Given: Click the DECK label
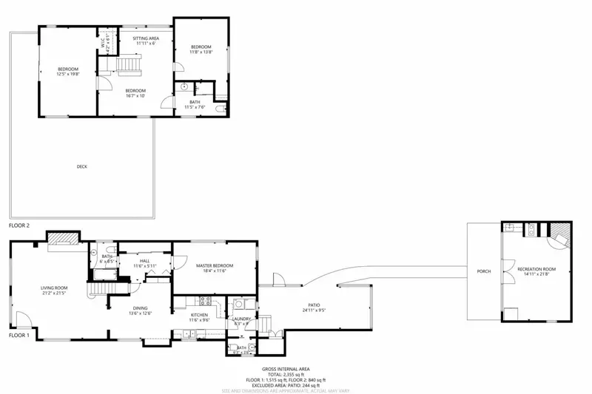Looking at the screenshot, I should (81, 167).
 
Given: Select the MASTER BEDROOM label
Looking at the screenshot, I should (215, 265).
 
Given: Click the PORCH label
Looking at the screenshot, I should (484, 272).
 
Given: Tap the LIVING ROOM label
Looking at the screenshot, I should (54, 288).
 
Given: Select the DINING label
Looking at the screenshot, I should (141, 309).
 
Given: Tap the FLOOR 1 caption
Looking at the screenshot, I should (19, 335).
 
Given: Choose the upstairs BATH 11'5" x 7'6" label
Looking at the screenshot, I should (195, 106).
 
